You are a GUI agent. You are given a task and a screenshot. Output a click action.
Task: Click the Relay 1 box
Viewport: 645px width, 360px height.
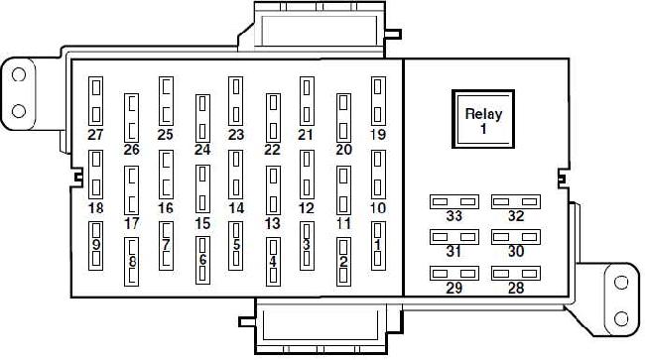(483, 119)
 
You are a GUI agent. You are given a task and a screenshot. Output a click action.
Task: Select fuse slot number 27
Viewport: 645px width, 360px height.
(96, 101)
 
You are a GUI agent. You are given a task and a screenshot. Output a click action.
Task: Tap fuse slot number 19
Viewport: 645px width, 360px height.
(378, 101)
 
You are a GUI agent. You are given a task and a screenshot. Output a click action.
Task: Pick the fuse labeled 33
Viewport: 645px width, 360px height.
(454, 201)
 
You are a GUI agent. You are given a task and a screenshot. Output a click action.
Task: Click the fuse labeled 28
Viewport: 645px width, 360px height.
(516, 274)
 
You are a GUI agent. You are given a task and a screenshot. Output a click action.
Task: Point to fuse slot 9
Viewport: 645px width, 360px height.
(96, 246)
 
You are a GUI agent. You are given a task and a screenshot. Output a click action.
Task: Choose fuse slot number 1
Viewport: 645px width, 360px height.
(378, 246)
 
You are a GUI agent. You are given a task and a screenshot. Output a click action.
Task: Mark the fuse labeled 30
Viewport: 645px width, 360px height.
(516, 237)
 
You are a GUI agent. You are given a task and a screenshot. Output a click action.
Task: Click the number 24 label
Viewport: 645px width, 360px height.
(202, 150)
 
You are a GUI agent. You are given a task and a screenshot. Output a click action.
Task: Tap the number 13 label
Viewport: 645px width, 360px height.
(272, 223)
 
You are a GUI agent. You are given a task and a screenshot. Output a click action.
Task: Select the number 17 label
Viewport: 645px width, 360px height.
(132, 223)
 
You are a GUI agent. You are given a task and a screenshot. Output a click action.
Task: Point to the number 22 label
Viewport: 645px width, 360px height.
(272, 150)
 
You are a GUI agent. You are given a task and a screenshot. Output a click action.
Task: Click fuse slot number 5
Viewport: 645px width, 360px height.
(236, 246)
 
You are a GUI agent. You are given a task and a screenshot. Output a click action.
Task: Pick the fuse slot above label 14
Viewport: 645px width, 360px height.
(236, 175)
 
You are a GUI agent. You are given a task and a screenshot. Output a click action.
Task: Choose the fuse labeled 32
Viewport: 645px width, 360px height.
(516, 201)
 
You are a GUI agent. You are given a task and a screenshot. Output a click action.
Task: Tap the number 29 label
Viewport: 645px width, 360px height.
(454, 288)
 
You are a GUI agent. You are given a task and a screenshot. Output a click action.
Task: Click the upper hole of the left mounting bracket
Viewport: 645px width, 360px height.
(19, 74)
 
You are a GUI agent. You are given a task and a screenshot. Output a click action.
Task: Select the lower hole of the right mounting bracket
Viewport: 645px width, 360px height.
(621, 319)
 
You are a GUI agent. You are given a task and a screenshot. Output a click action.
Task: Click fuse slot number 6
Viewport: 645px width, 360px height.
(202, 261)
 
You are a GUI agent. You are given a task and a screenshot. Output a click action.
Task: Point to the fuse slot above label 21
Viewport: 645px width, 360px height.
(307, 101)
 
